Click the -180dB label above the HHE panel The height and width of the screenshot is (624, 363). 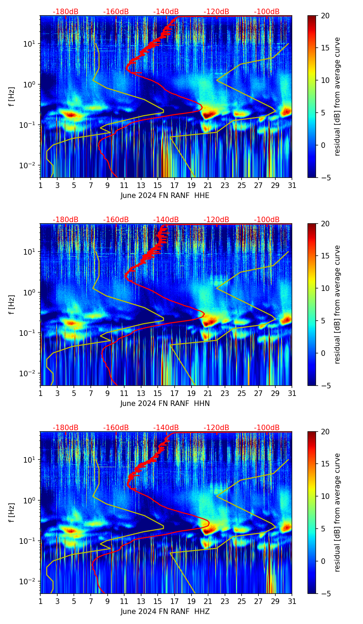[x=66, y=12]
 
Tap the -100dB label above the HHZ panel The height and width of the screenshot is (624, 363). [x=267, y=428]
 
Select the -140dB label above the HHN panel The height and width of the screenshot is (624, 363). [x=166, y=220]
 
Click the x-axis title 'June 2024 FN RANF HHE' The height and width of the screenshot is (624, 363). [x=165, y=196]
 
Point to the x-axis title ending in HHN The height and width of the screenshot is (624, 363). [x=165, y=404]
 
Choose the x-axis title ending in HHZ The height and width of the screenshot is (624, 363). [x=165, y=612]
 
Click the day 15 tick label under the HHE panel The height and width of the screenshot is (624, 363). [x=158, y=186]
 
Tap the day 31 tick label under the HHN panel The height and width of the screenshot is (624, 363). [x=292, y=394]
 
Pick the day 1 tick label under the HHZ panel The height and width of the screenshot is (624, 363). [x=40, y=602]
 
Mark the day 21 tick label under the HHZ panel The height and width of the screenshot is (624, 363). [x=208, y=602]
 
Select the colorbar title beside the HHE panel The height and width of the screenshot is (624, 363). [x=337, y=96]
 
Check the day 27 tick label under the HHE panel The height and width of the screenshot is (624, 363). [x=258, y=186]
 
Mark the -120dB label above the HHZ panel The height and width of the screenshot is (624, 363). [x=216, y=428]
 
